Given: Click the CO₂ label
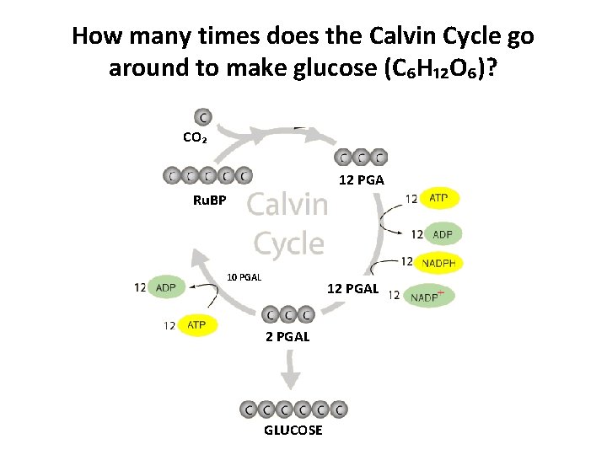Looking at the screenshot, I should pyautogui.click(x=195, y=137).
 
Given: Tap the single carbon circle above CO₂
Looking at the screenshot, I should pyautogui.click(x=203, y=116).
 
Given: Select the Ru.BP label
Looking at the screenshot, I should pyautogui.click(x=209, y=201).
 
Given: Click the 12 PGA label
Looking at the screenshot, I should pyautogui.click(x=361, y=180).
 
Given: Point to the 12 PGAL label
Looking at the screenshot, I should pyautogui.click(x=353, y=289).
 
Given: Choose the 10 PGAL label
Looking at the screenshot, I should pyautogui.click(x=245, y=277).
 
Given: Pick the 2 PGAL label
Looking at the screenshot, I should pyautogui.click(x=287, y=336).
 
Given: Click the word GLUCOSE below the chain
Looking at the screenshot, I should pyautogui.click(x=293, y=430).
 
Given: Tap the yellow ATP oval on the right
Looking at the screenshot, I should pyautogui.click(x=439, y=198).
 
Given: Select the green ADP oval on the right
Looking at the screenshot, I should pyautogui.click(x=443, y=233).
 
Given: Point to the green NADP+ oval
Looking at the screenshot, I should pyautogui.click(x=429, y=296).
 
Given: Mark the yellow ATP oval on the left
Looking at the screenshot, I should pyautogui.click(x=196, y=324).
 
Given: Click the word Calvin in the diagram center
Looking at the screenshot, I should pyautogui.click(x=287, y=205).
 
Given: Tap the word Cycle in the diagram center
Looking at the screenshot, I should pyautogui.click(x=288, y=244).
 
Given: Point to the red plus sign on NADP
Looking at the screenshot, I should pyautogui.click(x=441, y=292).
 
